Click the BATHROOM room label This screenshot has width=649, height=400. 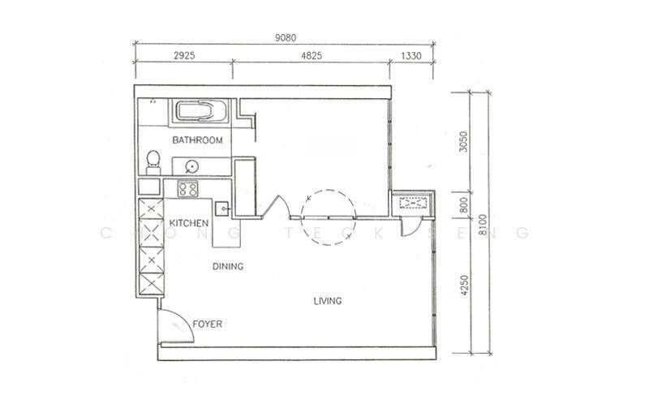click(x=197, y=140)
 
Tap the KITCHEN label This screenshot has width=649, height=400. click(x=189, y=223)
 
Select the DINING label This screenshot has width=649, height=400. click(x=228, y=266)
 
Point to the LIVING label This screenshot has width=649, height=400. click(x=328, y=301)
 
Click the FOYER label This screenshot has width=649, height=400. click(x=208, y=324)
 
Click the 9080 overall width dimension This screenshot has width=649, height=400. click(x=286, y=37)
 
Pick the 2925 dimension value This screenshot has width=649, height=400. click(x=184, y=55)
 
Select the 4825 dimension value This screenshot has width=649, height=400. click(x=312, y=55)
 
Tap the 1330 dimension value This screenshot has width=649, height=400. click(x=411, y=56)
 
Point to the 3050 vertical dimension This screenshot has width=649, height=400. click(x=463, y=142)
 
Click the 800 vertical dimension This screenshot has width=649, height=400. click(x=463, y=205)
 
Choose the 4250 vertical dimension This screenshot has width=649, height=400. click(x=464, y=286)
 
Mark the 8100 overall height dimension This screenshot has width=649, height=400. click(x=483, y=225)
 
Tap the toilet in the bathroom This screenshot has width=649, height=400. click(x=153, y=163)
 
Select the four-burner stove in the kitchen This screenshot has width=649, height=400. click(x=188, y=189)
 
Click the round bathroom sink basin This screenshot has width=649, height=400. click(x=191, y=167)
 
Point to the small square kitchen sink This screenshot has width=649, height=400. click(x=223, y=209)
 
